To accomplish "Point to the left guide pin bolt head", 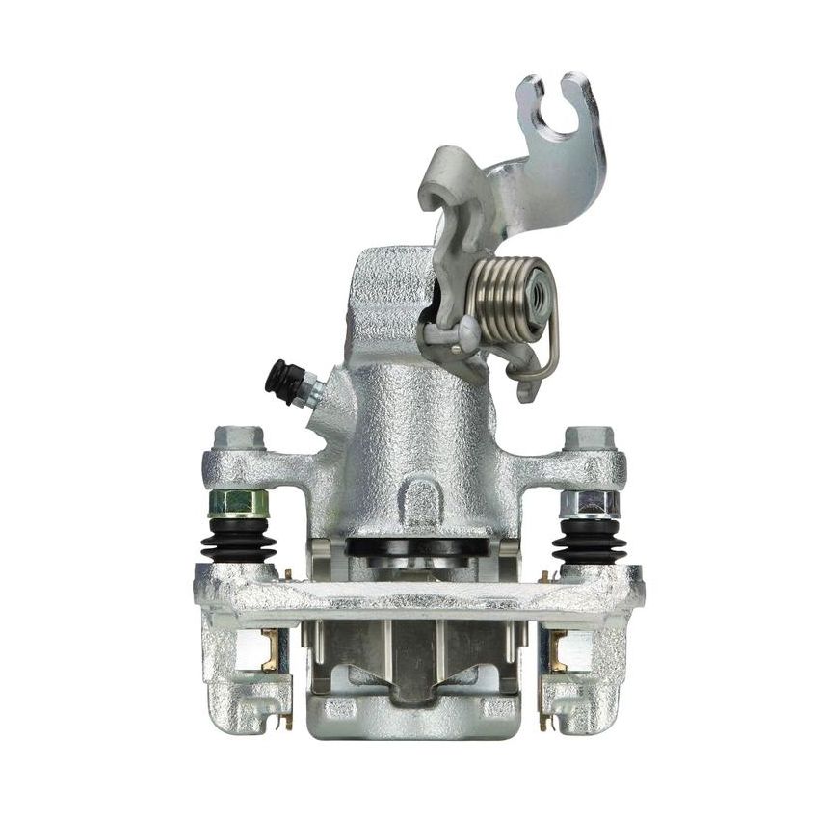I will [x=237, y=438].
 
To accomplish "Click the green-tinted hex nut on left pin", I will [x=237, y=502].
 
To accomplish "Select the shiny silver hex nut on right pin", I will [x=587, y=502].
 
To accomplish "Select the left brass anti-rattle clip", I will [x=269, y=650].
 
